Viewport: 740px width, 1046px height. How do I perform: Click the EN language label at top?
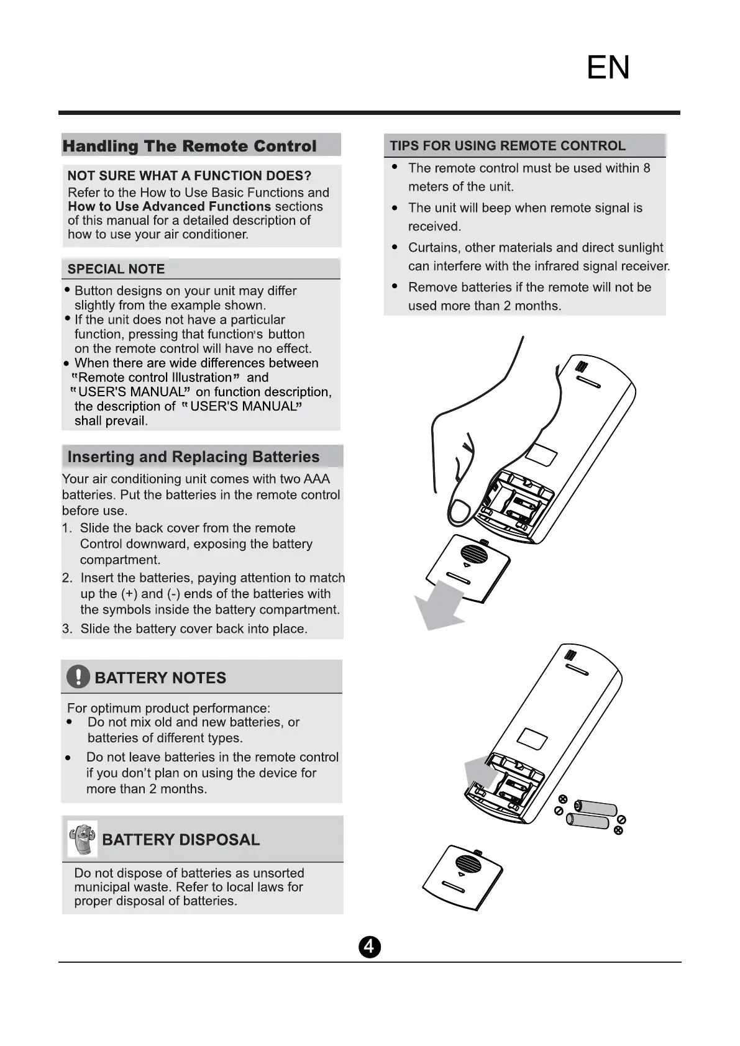(608, 67)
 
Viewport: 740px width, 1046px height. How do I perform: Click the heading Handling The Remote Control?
(190, 146)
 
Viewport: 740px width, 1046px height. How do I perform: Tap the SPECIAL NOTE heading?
(116, 269)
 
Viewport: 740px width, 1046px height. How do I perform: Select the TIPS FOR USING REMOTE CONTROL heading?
(507, 146)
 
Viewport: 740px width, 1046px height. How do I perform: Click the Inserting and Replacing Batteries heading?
(193, 457)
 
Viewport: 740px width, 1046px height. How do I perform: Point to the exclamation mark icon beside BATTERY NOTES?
(78, 676)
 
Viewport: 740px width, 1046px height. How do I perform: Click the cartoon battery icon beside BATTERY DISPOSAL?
(82, 839)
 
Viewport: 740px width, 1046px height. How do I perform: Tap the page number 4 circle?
(369, 947)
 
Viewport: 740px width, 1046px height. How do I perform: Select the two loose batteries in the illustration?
(591, 814)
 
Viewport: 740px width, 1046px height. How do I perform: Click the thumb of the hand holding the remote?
(459, 510)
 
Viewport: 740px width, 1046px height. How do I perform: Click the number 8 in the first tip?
(647, 168)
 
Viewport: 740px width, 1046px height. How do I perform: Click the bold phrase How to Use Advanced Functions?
(169, 206)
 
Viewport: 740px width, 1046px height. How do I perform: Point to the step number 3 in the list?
(66, 629)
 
